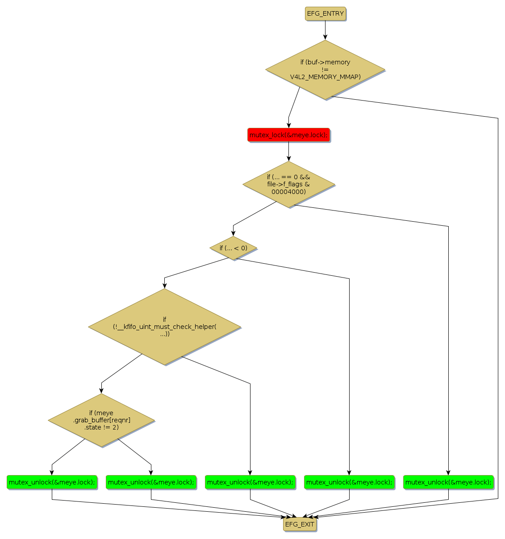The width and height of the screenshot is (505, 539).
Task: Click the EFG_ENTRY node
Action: pos(325,14)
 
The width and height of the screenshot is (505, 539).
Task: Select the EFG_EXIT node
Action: pos(300,524)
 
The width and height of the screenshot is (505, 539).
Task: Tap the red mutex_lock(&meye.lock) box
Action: pos(288,135)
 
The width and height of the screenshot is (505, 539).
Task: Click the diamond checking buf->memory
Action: pos(325,70)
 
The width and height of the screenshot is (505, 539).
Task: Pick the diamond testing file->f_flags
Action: pos(288,184)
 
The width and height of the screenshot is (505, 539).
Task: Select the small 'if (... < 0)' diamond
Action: pos(233,248)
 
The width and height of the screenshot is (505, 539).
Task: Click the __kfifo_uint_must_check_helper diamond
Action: pos(164,327)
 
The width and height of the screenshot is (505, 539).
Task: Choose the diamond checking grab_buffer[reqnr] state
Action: pos(101,420)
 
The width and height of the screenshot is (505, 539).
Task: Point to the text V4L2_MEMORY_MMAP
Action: pos(325,77)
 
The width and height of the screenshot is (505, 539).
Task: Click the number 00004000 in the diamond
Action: pos(288,192)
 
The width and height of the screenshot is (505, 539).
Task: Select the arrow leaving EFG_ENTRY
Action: pos(325,30)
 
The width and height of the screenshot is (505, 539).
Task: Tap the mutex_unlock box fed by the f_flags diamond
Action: pos(448,482)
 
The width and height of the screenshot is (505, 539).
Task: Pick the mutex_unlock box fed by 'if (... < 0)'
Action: pos(349,482)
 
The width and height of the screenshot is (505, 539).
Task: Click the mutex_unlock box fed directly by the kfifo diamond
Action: pos(250,482)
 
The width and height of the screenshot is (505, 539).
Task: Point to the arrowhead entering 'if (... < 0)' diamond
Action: pos(233,233)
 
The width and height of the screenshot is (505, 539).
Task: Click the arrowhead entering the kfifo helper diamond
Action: pos(164,286)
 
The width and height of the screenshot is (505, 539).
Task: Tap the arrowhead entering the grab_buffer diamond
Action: pos(101,391)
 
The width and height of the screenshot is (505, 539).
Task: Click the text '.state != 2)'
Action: pos(101,427)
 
